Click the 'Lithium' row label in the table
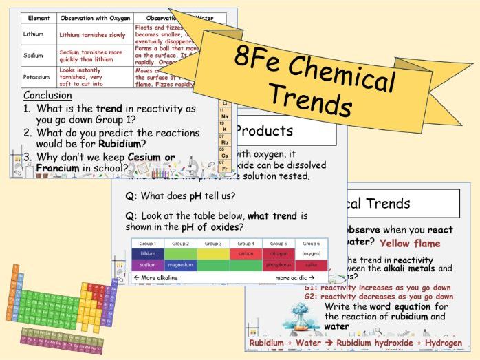(x=33, y=34)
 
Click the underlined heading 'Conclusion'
(x=47, y=95)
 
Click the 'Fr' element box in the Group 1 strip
(x=223, y=168)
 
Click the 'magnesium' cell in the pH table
(x=180, y=265)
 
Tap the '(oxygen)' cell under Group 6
(x=311, y=253)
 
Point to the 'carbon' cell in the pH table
(x=246, y=253)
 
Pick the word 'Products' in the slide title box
(x=263, y=131)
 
